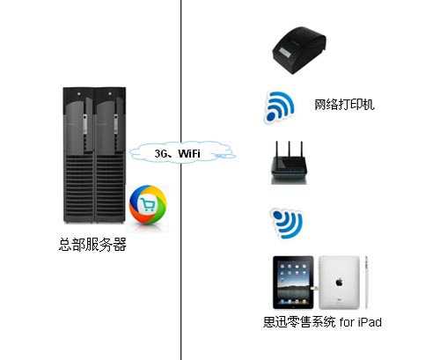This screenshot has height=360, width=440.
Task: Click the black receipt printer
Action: click(299, 50)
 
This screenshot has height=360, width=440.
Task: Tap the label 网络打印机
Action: click(344, 105)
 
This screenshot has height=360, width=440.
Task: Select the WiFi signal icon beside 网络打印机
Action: click(280, 107)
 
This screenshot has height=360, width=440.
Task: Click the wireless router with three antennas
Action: click(289, 163)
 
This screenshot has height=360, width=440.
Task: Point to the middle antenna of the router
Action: click(289, 150)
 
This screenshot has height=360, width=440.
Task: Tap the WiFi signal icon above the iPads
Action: click(287, 223)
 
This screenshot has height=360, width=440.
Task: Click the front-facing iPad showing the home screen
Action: click(293, 283)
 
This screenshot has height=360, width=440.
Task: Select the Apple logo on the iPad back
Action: click(339, 283)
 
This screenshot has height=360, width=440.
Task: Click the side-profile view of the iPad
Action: click(366, 283)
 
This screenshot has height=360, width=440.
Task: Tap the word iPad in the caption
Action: click(370, 322)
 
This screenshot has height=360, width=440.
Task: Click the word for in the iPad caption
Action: click(347, 322)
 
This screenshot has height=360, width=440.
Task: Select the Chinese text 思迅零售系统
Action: click(299, 322)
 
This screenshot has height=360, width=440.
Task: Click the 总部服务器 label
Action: click(92, 245)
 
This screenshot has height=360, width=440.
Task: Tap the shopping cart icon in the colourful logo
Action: click(148, 204)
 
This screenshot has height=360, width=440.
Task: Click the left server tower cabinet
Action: click(78, 155)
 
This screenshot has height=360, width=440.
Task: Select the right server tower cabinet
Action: click(110, 155)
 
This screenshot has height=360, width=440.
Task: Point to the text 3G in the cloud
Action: click(160, 153)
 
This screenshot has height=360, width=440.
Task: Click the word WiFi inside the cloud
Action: click(189, 153)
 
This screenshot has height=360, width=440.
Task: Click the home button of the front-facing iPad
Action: click(293, 306)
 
